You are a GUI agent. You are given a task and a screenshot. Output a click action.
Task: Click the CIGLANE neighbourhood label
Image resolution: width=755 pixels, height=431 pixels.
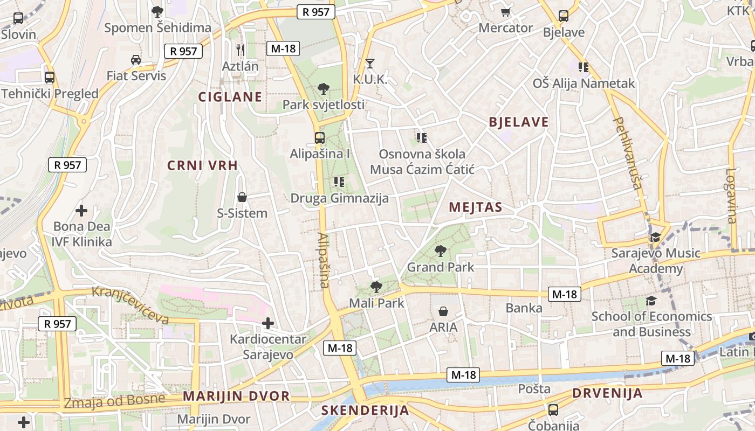230,97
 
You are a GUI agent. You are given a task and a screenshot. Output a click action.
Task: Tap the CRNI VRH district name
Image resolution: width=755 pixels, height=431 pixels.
203,165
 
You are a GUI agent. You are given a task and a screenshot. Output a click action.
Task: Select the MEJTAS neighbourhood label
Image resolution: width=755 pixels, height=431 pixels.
476,207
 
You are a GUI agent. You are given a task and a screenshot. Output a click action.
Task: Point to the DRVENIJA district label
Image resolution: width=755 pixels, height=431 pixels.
607,393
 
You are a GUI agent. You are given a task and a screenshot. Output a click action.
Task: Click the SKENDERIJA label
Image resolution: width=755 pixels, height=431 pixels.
365,411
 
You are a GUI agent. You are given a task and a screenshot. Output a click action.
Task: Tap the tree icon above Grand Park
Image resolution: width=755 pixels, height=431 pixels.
441,251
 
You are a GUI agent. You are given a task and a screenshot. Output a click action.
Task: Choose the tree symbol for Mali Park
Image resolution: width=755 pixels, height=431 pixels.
376,287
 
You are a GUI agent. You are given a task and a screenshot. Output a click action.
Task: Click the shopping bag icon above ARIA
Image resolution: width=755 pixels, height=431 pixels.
443,311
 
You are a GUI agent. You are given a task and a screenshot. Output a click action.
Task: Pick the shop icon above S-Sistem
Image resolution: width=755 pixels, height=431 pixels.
242,197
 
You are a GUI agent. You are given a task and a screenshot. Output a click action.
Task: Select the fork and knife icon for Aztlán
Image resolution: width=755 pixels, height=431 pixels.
241,50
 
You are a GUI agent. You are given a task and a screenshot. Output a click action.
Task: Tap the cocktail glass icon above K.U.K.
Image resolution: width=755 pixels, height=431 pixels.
369,64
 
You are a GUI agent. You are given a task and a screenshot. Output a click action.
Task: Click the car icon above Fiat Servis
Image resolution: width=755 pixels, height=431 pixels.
136,59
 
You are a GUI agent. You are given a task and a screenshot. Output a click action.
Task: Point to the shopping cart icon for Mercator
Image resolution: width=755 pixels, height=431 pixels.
506,12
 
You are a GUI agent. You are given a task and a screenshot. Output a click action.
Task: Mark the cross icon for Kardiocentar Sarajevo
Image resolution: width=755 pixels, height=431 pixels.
268,323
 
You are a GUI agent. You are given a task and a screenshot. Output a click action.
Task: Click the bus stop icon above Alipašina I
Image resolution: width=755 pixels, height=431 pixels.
320,138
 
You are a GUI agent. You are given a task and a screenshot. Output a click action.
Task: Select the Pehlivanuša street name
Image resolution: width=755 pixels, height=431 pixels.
627,154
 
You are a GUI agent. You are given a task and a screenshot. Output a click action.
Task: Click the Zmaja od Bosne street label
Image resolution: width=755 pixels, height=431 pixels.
114,401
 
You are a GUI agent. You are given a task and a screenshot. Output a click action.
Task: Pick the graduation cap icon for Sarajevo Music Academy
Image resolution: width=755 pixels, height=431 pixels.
655,237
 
